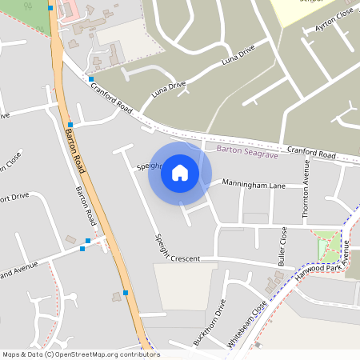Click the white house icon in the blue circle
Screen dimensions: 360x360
180,172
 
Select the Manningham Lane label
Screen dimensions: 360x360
254,185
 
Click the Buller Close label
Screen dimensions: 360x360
282,246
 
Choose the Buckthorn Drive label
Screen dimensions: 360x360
210,322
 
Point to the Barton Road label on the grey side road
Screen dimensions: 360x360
86,206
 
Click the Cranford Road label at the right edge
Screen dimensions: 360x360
312,153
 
